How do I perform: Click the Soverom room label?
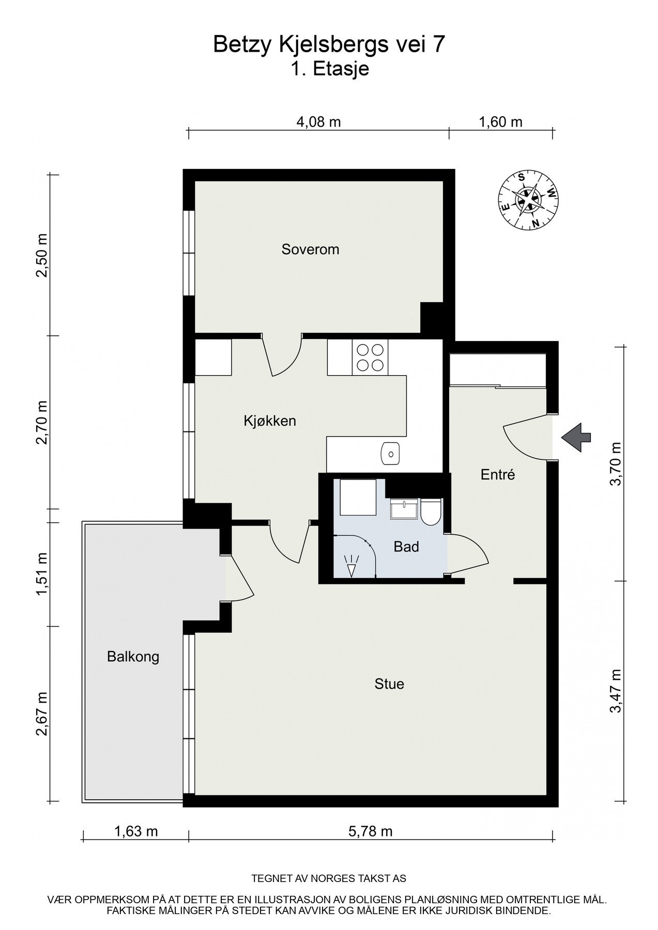(x=310, y=250)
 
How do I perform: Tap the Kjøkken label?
(x=270, y=421)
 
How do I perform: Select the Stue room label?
(x=389, y=684)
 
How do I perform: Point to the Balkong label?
(x=133, y=657)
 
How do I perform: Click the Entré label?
(x=498, y=474)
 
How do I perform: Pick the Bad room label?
(x=406, y=547)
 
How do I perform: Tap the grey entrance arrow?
(x=576, y=438)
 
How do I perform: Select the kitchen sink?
(x=390, y=454)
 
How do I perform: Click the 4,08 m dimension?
(x=318, y=122)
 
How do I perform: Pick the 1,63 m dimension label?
(x=136, y=831)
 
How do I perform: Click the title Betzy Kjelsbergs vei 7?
(x=329, y=45)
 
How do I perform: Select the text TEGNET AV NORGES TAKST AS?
(x=329, y=878)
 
